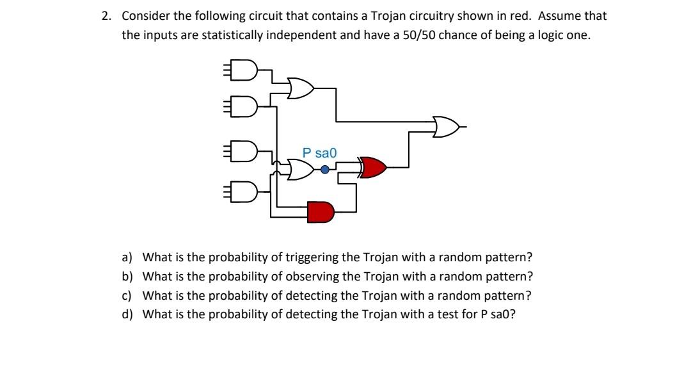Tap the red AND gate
point(321,212)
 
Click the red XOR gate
point(374,168)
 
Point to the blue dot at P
point(325,170)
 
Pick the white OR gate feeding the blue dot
point(301,170)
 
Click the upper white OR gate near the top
point(301,88)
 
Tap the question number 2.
point(106,16)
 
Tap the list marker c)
point(127,295)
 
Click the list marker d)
point(127,314)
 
